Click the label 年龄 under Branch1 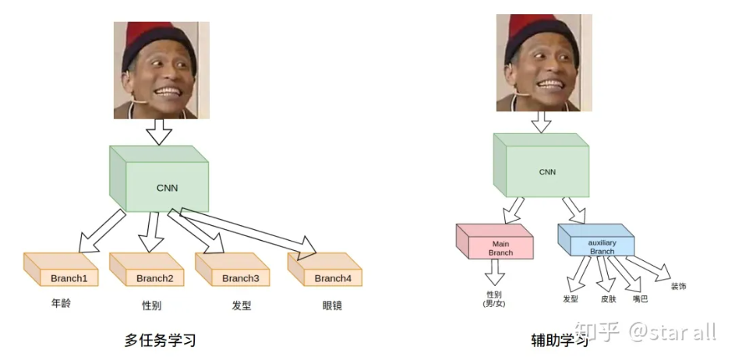coord(60,303)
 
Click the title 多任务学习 coord(160,341)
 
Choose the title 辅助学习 coord(556,341)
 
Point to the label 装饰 coord(678,287)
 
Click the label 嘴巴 coord(640,299)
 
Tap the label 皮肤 coord(608,299)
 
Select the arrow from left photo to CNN coord(159,130)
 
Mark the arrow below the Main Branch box coord(495,272)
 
